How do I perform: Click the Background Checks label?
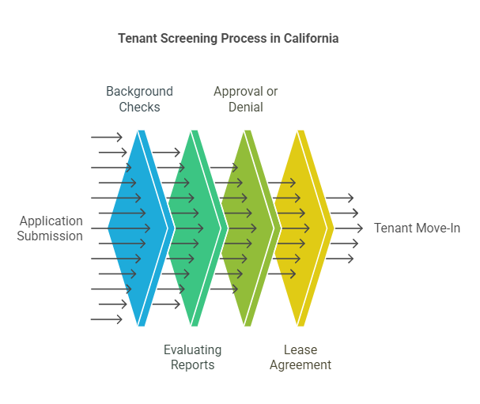click(x=139, y=99)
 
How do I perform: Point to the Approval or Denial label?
click(x=245, y=99)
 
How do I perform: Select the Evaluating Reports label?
click(x=192, y=357)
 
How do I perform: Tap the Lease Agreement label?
click(x=300, y=357)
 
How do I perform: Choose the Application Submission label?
click(x=51, y=228)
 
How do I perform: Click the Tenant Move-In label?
click(x=417, y=228)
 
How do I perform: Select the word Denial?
click(x=245, y=107)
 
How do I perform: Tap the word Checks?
click(x=139, y=107)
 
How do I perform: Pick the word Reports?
click(x=192, y=364)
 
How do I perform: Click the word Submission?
click(x=51, y=236)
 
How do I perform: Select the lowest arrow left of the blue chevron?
click(x=107, y=319)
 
